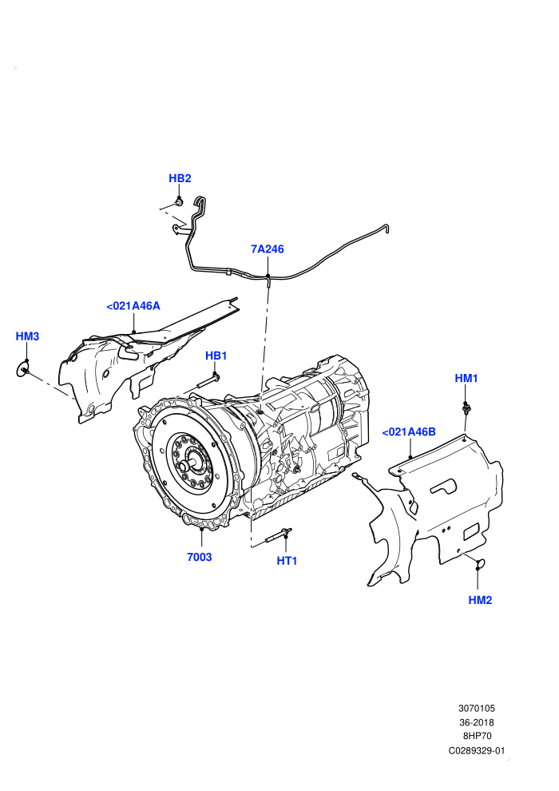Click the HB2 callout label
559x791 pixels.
click(x=180, y=178)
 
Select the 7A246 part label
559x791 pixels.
click(x=268, y=248)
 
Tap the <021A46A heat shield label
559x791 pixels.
click(x=133, y=306)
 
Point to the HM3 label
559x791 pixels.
click(x=27, y=336)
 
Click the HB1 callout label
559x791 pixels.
click(x=216, y=356)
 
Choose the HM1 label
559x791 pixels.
click(x=466, y=378)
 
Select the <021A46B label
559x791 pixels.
click(x=409, y=431)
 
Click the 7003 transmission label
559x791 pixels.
click(x=200, y=557)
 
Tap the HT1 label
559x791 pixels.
click(x=287, y=560)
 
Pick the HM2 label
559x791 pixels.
click(x=480, y=600)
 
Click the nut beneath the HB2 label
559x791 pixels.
click(x=179, y=202)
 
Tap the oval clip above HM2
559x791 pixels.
click(x=479, y=562)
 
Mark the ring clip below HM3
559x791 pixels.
click(x=23, y=369)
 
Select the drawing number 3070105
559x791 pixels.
click(x=476, y=708)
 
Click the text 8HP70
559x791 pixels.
click(x=476, y=736)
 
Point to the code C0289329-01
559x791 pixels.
click(x=476, y=750)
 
